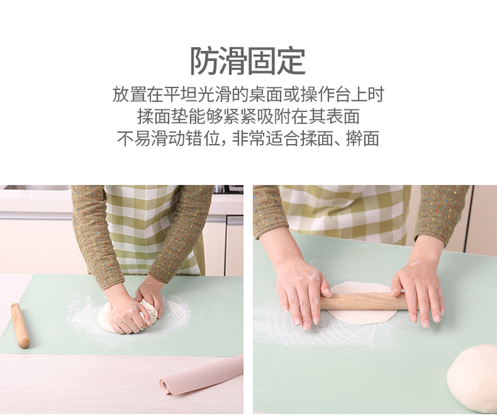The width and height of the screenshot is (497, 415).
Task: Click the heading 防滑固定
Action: (248, 61)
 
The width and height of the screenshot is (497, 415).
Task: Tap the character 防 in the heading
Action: (205, 61)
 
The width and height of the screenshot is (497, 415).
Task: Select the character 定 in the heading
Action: (292, 61)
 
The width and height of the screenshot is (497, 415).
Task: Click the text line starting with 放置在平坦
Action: (248, 94)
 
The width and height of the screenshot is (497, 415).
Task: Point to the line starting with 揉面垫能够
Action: (248, 117)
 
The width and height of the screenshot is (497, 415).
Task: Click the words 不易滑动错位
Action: (168, 139)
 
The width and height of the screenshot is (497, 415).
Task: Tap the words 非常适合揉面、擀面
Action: (305, 139)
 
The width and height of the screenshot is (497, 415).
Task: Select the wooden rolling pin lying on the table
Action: (21, 326)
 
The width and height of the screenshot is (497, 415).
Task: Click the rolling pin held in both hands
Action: (364, 301)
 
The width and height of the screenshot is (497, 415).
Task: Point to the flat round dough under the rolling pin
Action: (361, 304)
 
